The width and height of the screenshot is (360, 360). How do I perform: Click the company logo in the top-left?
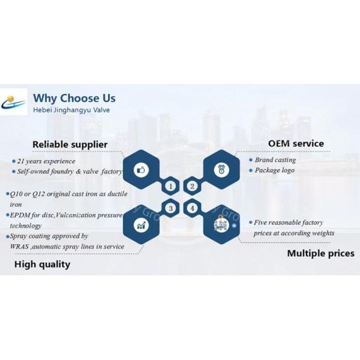click(x=14, y=102)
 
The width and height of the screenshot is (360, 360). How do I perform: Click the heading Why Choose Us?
click(x=74, y=98)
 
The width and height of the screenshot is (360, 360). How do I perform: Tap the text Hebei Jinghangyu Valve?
click(x=71, y=110)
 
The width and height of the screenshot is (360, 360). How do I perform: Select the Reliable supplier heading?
click(x=70, y=144)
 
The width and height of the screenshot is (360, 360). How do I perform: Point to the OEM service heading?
click(x=295, y=143)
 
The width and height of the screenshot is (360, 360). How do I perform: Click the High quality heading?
click(x=42, y=264)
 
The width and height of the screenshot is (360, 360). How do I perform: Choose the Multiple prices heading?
click(x=320, y=253)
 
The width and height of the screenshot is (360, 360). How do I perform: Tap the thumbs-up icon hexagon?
click(x=142, y=170)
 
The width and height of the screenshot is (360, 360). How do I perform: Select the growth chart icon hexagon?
click(x=142, y=226)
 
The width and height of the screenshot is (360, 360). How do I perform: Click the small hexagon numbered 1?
click(x=171, y=186)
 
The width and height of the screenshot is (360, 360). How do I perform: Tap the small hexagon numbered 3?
click(x=171, y=209)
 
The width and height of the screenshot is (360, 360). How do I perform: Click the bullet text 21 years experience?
click(x=46, y=161)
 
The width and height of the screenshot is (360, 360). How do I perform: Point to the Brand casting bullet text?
click(x=275, y=160)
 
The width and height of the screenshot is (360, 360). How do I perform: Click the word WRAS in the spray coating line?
click(x=20, y=246)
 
